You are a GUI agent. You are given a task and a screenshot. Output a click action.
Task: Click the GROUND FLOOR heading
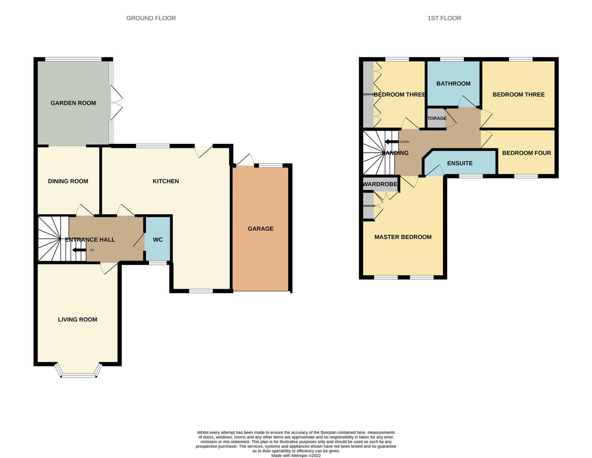pos(151,18)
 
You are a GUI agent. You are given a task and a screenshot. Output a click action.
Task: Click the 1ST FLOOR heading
pos(444,18)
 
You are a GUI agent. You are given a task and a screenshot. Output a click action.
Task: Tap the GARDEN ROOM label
pos(73,103)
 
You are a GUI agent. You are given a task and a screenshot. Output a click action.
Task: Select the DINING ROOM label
pos(68,181)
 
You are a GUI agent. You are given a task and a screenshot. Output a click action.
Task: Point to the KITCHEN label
pos(165,181)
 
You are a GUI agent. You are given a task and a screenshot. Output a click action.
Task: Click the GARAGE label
pos(260,229)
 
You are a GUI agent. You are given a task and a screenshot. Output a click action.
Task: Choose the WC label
pos(158,240)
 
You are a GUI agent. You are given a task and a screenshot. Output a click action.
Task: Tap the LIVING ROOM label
pos(78,320)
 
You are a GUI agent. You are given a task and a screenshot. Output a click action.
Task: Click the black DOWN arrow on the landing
pos(391,142)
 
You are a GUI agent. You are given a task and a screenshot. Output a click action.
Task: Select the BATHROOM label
pos(453,84)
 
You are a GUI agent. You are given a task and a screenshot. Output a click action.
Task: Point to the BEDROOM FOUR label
pos(526,153)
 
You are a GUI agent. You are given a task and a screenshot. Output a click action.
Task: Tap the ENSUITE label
pos(460,163)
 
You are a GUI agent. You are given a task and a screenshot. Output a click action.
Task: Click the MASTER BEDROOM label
pos(403,237)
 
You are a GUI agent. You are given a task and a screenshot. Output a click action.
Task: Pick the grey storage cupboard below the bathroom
pos(436,118)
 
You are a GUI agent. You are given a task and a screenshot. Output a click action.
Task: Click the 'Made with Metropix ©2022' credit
pos(296,456)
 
